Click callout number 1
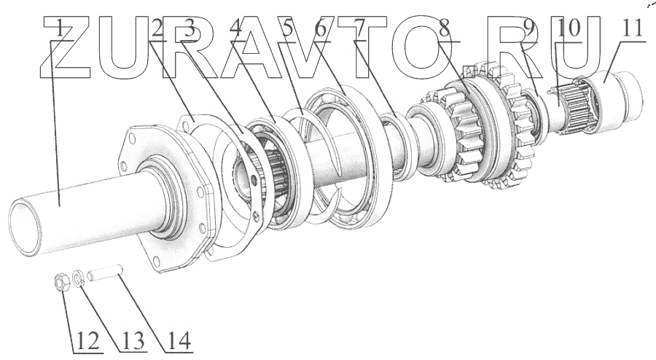[x=60, y=30]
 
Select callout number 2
[x=157, y=30]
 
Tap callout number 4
[x=235, y=30]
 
